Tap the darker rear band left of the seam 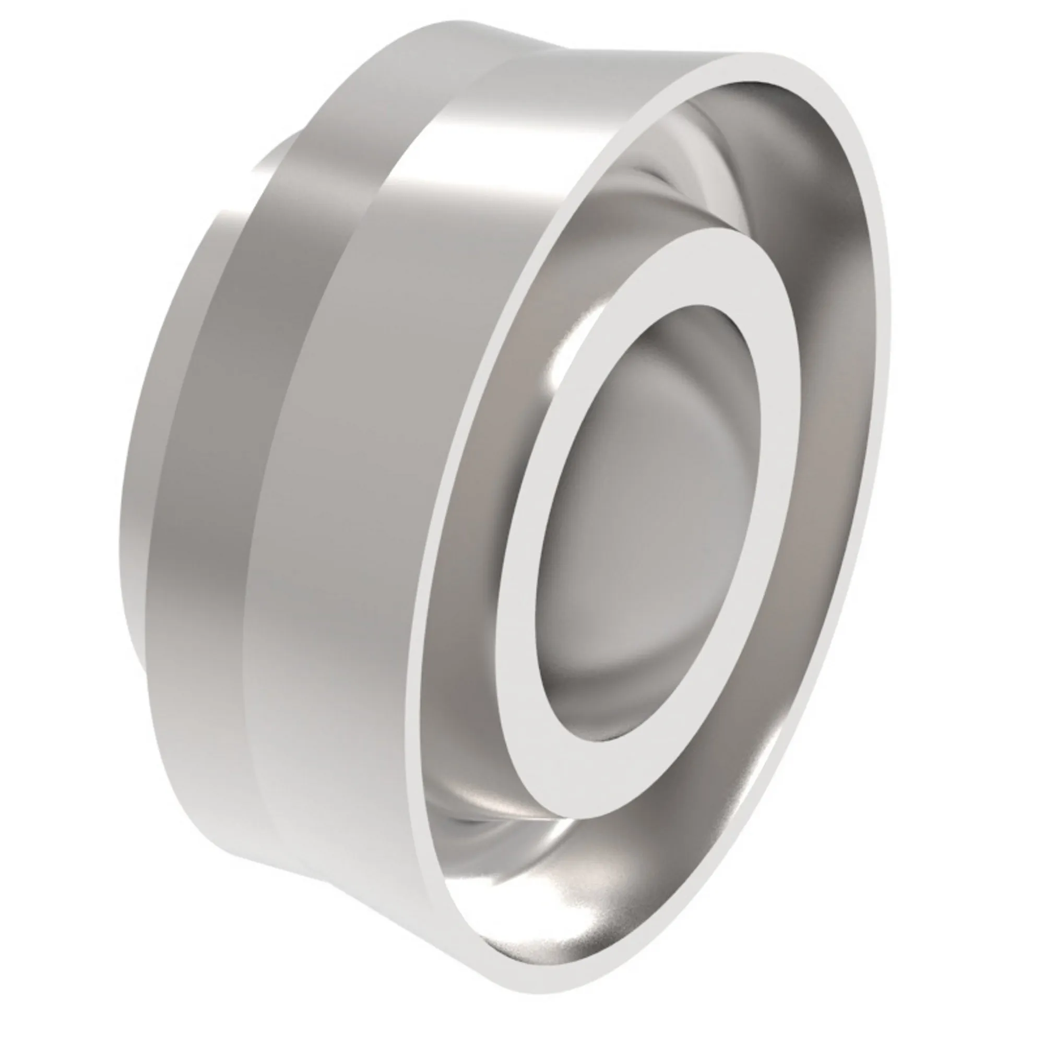216,432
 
